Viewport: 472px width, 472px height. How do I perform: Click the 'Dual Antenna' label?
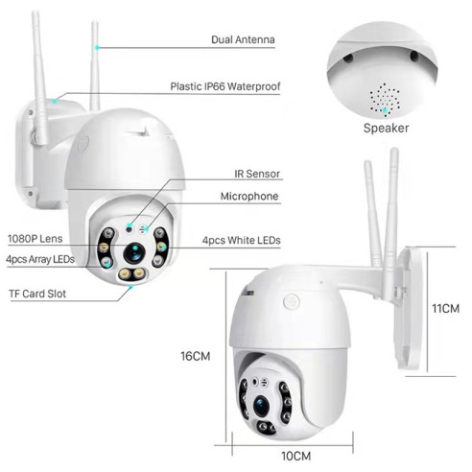(x=243, y=40)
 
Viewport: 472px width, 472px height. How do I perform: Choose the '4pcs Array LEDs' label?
(x=40, y=259)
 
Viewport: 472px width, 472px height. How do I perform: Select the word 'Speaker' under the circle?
(x=386, y=128)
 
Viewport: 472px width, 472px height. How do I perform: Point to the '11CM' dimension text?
(x=447, y=309)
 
